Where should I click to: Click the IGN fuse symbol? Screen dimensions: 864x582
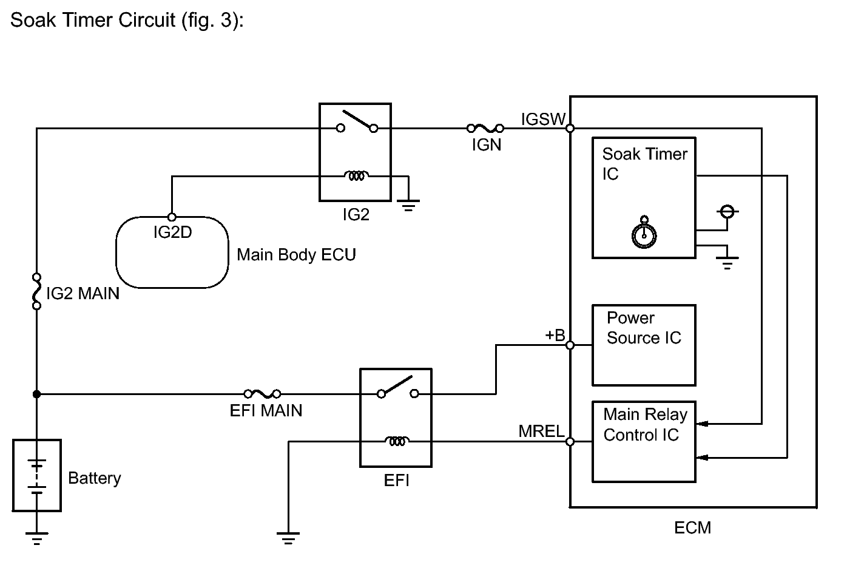click(485, 128)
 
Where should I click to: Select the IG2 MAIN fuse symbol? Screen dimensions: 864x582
click(36, 291)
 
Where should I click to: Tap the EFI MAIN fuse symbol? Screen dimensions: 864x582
click(262, 394)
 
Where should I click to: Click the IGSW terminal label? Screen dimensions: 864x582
click(543, 119)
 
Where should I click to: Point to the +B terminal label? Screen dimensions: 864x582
click(555, 335)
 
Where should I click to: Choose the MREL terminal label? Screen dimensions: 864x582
click(541, 431)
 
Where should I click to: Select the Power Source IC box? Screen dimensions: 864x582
click(644, 345)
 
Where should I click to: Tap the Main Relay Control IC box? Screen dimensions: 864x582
click(644, 442)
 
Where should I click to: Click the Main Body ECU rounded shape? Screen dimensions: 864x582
click(116, 252)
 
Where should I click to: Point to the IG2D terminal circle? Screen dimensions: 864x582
click(172, 217)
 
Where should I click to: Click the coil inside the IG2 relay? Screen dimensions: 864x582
click(356, 176)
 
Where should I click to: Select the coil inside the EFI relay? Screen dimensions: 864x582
click(397, 441)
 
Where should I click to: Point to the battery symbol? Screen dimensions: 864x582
click(36, 475)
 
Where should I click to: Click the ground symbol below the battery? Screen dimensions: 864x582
click(36, 538)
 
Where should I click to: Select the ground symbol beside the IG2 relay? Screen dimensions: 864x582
click(408, 206)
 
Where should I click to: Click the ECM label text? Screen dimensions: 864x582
click(692, 527)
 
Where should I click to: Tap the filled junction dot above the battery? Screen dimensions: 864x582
click(36, 394)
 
